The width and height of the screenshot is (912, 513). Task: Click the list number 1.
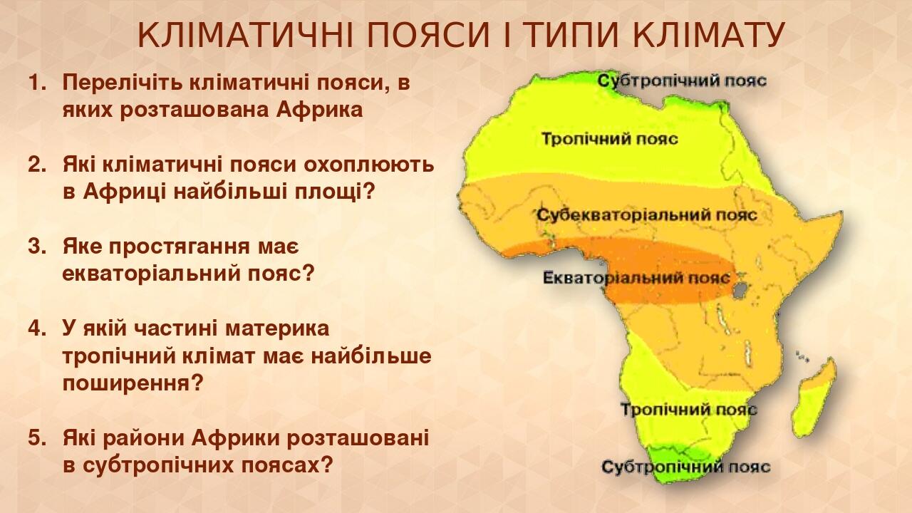click(36, 83)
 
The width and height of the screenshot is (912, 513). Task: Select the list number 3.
click(36, 247)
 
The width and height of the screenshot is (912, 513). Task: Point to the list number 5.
click(36, 438)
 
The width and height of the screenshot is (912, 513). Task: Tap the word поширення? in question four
click(133, 384)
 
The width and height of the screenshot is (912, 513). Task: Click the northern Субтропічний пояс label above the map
click(682, 80)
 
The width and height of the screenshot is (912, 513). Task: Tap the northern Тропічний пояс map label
click(609, 138)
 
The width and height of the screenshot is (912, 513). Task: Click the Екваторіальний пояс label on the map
click(636, 277)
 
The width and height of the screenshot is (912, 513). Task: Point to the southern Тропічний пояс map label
click(688, 410)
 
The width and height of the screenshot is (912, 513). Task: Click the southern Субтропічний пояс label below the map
click(685, 467)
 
